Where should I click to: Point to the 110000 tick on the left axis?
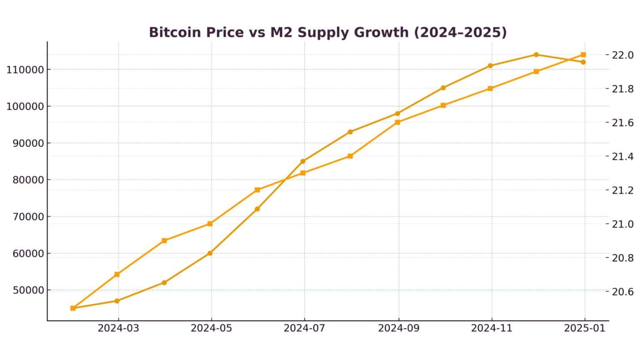[25, 70]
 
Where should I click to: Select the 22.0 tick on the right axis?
[622, 55]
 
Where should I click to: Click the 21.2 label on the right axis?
[622, 190]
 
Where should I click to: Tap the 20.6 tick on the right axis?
[622, 292]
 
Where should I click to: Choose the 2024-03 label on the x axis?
[118, 328]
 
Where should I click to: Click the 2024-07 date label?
[305, 328]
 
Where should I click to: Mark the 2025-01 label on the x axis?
[585, 328]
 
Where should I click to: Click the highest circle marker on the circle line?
[536, 55]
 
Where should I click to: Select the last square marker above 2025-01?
[583, 55]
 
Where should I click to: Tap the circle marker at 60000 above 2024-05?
[210, 253]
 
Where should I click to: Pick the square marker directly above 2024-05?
[210, 224]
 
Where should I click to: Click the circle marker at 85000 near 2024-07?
[303, 161]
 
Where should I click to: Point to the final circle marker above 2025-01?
[583, 62]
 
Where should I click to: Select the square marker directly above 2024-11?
[490, 88]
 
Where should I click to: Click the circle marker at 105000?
[443, 88]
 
